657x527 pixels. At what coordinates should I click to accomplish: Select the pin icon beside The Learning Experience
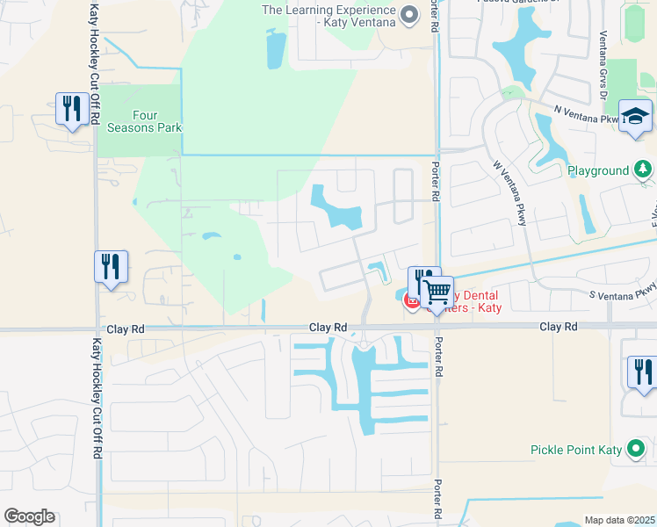(408, 13)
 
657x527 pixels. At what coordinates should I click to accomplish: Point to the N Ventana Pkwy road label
(586, 113)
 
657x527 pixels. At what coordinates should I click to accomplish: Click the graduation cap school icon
(635, 116)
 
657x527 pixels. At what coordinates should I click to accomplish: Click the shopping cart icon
(437, 292)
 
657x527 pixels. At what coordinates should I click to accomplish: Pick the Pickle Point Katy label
(575, 450)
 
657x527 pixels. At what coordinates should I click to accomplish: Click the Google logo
(29, 516)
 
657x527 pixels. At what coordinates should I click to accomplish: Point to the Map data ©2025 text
(618, 520)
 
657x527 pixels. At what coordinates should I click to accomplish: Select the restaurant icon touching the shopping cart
(422, 279)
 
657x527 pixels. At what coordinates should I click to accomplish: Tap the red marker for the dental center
(411, 302)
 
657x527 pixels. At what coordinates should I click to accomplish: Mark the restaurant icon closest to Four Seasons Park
(70, 109)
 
